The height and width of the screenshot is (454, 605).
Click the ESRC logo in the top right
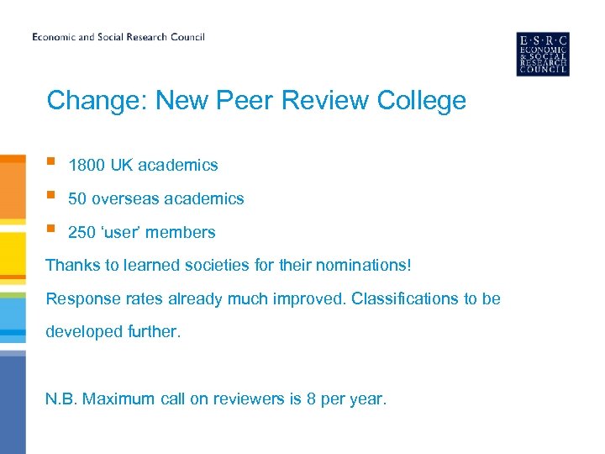point(543,54)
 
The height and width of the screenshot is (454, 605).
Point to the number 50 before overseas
point(76,199)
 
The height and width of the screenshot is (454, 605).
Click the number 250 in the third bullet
point(82,233)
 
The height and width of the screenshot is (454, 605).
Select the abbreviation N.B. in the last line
point(61,399)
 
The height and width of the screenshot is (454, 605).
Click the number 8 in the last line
point(312,399)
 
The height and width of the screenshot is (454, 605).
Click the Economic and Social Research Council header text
point(118,37)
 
